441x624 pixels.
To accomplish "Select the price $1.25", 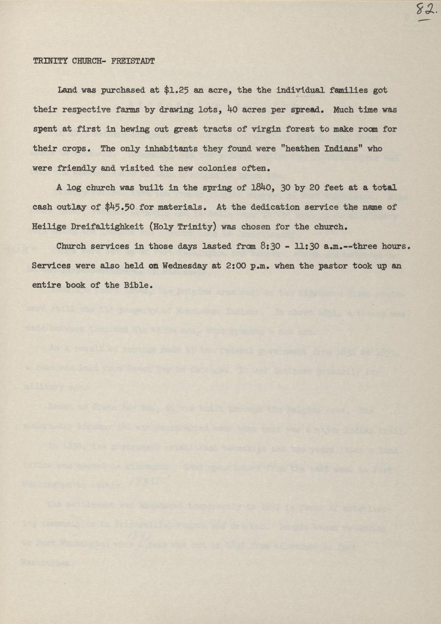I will (x=176, y=90).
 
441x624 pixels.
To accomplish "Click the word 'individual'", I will (x=300, y=90).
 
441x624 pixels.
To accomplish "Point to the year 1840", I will (x=257, y=188).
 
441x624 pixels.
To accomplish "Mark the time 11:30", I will (x=312, y=246).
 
